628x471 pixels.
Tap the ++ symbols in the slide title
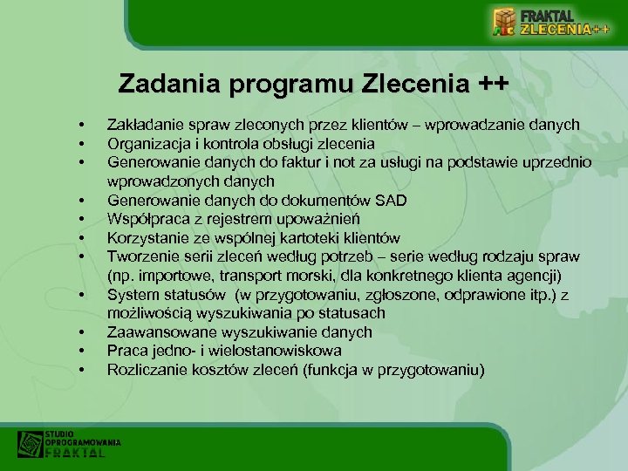[492, 85]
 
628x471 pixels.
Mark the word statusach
[352, 313]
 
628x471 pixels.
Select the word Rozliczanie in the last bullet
[145, 370]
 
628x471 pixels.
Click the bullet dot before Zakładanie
[79, 125]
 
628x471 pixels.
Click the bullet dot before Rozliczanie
[79, 371]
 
